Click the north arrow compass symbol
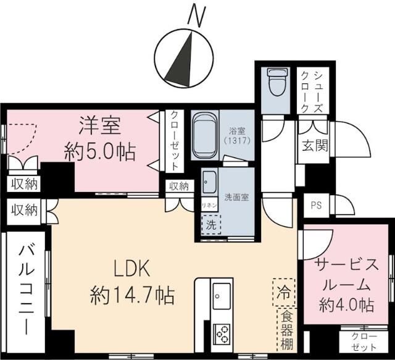click(183, 59)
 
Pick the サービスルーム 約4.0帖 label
click(346, 284)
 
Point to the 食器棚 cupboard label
click(284, 330)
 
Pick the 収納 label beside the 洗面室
click(179, 186)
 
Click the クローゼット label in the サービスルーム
click(364, 341)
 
